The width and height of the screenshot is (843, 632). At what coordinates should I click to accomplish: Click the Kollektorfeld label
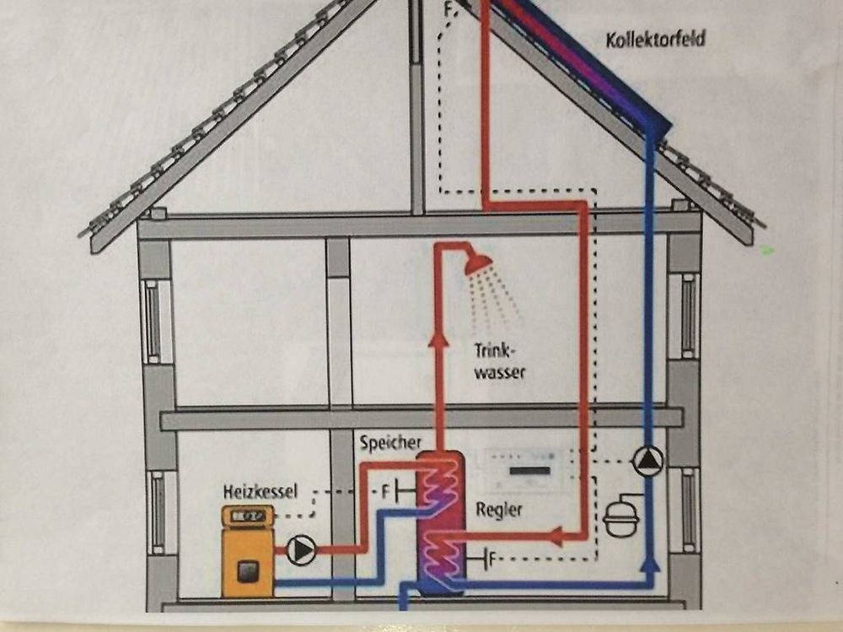click(x=655, y=39)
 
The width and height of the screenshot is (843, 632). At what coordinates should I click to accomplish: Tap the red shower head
click(x=479, y=262)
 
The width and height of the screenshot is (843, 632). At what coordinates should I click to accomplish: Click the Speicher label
click(x=389, y=442)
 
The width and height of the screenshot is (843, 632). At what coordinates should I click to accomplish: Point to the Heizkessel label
click(x=260, y=490)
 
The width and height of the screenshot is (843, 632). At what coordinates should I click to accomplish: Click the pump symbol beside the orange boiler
click(x=301, y=550)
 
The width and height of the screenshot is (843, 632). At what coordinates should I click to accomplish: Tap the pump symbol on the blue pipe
click(x=647, y=461)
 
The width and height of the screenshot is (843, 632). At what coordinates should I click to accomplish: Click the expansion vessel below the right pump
click(x=622, y=516)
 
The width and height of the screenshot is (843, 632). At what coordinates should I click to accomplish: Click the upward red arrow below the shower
click(x=438, y=338)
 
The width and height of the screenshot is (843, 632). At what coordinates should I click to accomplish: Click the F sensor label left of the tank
click(x=385, y=490)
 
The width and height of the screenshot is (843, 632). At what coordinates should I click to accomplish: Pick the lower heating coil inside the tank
click(x=439, y=554)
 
